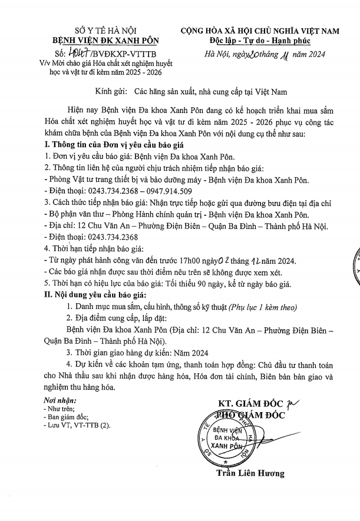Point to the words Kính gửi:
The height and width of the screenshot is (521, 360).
point(112,92)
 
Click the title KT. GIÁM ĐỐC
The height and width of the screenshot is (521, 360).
point(250,403)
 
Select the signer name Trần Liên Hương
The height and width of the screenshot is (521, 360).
point(250,473)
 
